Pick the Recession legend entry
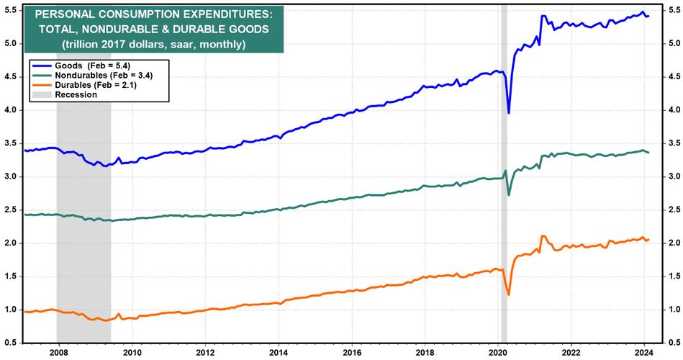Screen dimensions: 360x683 [76, 94]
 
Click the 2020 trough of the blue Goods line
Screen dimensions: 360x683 [509, 113]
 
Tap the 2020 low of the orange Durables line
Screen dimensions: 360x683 [509, 294]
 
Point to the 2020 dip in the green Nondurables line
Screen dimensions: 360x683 [510, 195]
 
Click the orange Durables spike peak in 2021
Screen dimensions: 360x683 [542, 236]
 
